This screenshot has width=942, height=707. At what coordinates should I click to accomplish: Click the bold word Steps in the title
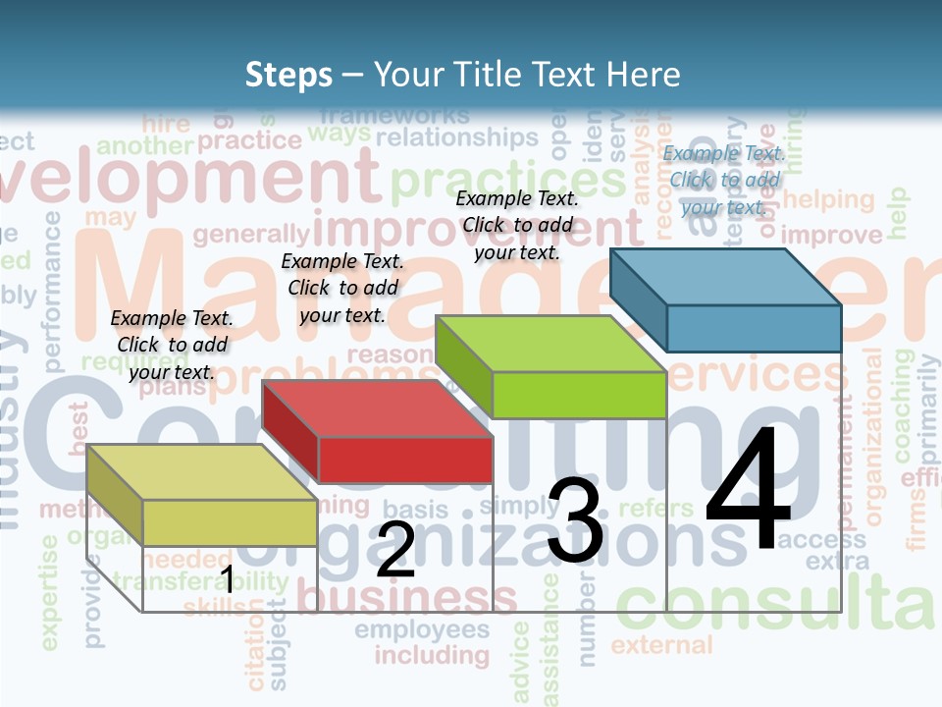288,75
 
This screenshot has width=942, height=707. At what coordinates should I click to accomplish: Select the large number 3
576,521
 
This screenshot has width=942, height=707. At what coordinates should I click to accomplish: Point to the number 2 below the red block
395,550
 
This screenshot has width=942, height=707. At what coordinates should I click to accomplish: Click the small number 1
227,579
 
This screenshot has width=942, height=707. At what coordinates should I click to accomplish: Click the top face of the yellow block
201,472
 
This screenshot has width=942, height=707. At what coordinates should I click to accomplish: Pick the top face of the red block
377,408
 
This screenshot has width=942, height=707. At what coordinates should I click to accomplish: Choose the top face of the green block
550,344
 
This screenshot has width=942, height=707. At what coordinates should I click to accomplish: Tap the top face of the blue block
726,277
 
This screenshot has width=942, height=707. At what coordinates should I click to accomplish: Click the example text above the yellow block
172,345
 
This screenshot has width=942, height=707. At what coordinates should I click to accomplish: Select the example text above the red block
342,288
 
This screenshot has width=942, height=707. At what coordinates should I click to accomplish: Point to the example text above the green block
517,225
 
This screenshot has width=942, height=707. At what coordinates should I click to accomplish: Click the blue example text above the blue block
724,180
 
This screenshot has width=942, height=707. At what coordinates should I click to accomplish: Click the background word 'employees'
422,629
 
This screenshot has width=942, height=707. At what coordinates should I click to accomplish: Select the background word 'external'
662,645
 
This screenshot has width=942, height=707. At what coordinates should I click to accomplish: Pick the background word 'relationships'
456,137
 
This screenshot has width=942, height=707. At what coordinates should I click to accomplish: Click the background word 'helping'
828,199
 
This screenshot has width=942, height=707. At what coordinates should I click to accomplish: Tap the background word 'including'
432,655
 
